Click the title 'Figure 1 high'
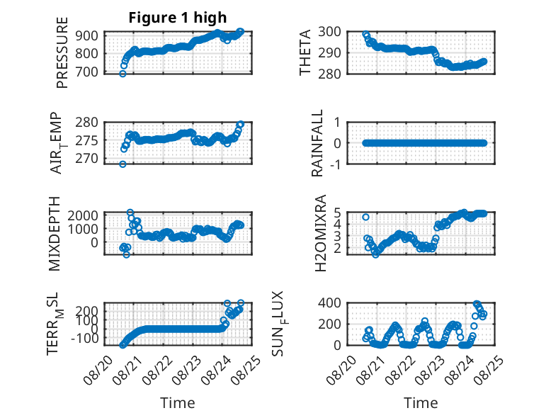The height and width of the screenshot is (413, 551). tap(178, 18)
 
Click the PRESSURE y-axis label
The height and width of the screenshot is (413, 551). tap(62, 52)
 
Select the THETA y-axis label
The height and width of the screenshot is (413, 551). tap(305, 52)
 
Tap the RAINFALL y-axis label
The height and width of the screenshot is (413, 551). tap(317, 143)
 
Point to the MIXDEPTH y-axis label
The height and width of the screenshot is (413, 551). tap(55, 234)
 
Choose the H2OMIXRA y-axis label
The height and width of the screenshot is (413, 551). tap(321, 233)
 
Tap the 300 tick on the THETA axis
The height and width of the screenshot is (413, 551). tap(329, 32)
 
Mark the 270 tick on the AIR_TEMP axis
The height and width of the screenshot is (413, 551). tap(87, 159)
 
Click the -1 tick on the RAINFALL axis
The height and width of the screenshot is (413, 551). tap(336, 164)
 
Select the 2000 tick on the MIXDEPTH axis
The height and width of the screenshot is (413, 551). tap(83, 215)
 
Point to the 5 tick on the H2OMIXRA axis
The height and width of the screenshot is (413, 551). tap(338, 213)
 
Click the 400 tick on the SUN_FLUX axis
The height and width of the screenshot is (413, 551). tap(329, 302)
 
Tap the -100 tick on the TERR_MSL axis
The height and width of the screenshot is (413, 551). tap(85, 339)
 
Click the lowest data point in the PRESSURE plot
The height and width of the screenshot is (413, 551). tap(123, 74)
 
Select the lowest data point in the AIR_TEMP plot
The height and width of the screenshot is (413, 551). tap(123, 164)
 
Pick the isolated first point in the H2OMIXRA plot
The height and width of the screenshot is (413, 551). tap(366, 217)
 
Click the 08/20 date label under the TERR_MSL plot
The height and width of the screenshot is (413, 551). tap(98, 370)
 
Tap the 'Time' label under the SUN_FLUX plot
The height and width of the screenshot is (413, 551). tap(421, 402)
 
